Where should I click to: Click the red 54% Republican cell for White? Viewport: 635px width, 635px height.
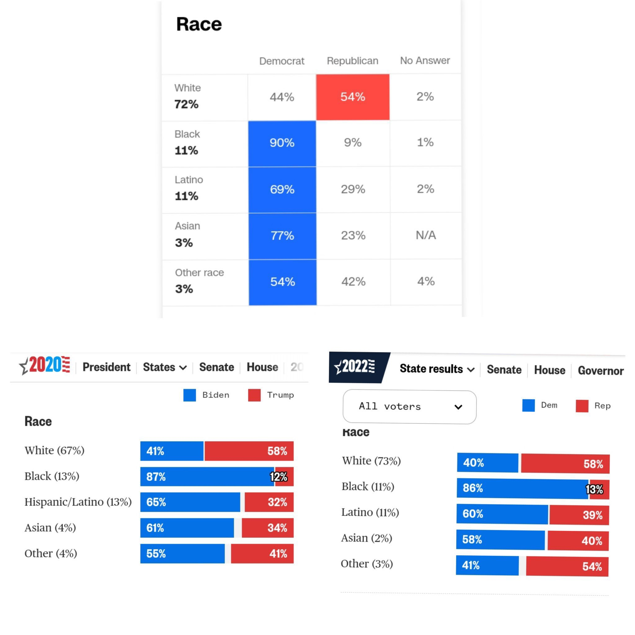tap(353, 97)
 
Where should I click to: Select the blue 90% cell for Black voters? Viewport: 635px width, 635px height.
tap(282, 143)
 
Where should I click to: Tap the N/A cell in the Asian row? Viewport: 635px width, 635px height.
tap(426, 235)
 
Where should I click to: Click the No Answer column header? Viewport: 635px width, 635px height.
tap(424, 60)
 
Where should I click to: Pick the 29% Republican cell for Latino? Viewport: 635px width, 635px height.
tap(353, 189)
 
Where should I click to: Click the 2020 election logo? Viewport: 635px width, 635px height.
tap(45, 365)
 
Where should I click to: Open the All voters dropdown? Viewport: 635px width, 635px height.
tap(409, 407)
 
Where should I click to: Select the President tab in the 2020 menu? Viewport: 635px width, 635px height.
tap(106, 367)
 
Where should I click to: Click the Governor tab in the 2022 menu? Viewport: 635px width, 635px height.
tap(600, 371)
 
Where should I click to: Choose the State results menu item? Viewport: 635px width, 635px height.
tap(437, 369)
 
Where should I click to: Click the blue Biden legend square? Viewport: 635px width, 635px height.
tap(190, 395)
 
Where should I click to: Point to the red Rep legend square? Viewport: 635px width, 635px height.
tap(582, 406)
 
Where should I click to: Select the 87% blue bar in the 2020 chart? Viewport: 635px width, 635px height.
tap(207, 477)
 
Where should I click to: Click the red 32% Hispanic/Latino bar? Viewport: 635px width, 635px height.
tap(269, 502)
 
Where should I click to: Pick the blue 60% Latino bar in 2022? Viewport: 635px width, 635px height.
tap(502, 514)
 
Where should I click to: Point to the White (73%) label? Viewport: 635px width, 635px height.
tap(371, 461)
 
